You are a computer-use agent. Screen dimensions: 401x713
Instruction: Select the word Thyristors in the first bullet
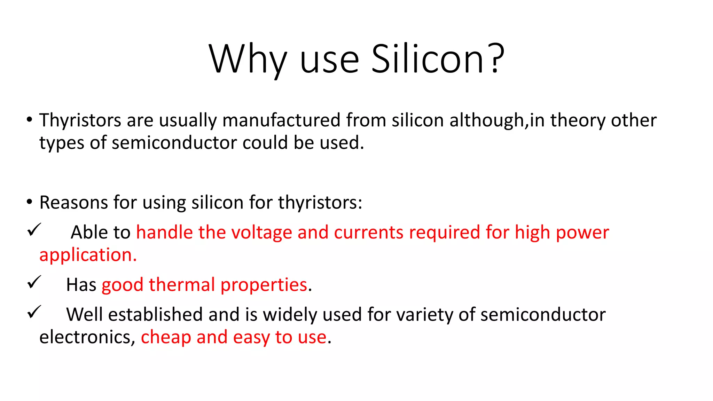coord(80,120)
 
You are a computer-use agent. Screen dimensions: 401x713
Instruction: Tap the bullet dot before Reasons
coord(29,202)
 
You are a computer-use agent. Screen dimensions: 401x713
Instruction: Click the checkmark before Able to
coord(34,230)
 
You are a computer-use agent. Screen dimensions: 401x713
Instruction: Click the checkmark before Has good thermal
coord(34,282)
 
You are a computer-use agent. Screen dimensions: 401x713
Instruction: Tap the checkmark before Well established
coord(34,312)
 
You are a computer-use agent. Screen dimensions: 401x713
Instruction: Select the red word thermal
coord(182,285)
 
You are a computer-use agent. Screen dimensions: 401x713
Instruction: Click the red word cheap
coord(166,337)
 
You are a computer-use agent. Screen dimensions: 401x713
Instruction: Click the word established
coord(156,314)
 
